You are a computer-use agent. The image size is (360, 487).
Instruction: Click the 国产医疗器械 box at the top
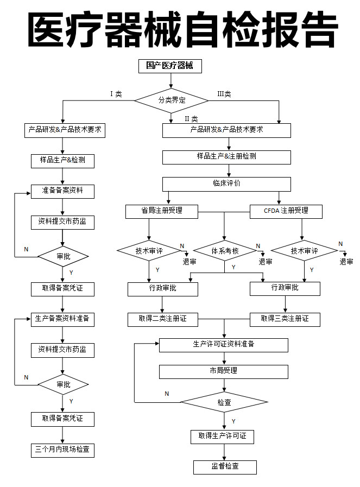(x=170, y=66)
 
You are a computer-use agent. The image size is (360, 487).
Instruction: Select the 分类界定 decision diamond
(x=172, y=100)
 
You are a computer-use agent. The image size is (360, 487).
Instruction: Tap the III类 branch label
(x=224, y=94)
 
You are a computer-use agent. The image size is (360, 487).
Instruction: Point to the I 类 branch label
(x=116, y=94)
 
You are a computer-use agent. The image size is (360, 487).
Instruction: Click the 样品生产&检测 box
(x=62, y=161)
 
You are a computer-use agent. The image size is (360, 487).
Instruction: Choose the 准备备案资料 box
(x=62, y=191)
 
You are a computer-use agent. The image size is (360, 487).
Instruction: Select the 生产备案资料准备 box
(x=62, y=319)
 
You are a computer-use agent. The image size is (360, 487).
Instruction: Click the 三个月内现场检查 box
(x=62, y=450)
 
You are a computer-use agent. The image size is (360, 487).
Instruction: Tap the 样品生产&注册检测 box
(x=226, y=156)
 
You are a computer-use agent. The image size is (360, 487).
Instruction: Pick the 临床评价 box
(x=226, y=184)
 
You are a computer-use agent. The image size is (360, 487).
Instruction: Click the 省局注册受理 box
(x=162, y=211)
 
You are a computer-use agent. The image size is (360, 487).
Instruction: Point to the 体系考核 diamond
(x=225, y=251)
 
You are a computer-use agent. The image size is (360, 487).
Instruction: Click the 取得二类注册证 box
(x=162, y=319)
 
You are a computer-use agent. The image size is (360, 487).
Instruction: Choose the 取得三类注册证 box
(x=285, y=319)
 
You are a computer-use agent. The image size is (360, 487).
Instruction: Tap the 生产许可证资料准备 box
(x=223, y=344)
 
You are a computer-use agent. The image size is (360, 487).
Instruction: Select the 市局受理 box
(x=223, y=371)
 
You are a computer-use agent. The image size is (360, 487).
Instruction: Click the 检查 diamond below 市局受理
(x=224, y=402)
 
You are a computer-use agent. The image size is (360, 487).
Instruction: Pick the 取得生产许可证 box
(x=222, y=436)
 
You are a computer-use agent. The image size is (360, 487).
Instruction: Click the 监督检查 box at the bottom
(x=225, y=466)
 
